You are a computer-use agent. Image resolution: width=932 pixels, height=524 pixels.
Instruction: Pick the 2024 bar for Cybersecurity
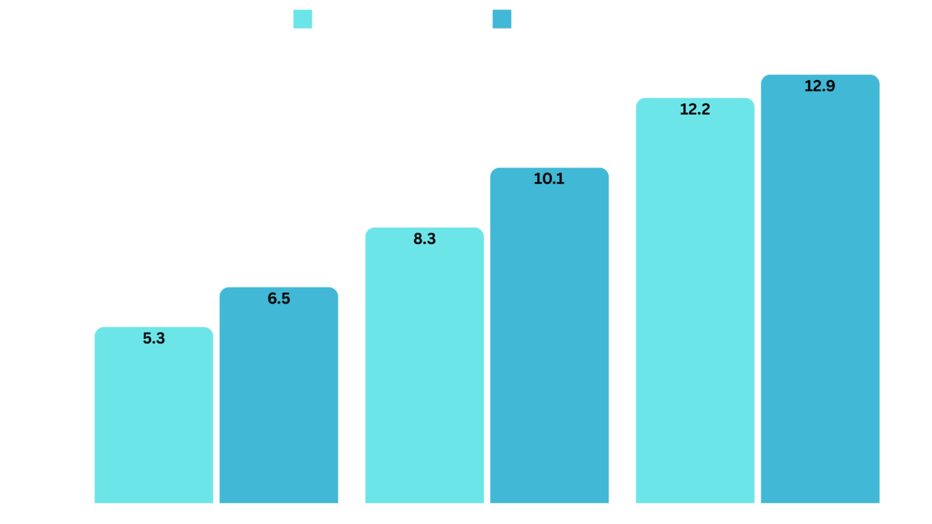tap(549, 335)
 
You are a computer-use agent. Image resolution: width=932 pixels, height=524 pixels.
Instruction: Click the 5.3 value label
tap(154, 338)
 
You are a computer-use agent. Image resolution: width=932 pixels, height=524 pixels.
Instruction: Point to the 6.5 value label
tap(279, 298)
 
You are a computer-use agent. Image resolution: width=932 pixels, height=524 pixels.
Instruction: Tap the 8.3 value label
tap(424, 239)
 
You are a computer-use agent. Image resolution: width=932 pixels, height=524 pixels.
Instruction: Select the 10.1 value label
tap(549, 179)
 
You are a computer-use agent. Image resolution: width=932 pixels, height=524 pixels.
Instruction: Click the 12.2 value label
tap(695, 109)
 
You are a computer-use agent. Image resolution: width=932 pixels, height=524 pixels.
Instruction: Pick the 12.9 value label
tap(820, 86)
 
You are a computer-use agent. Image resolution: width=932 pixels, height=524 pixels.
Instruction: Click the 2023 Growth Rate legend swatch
tap(302, 19)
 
